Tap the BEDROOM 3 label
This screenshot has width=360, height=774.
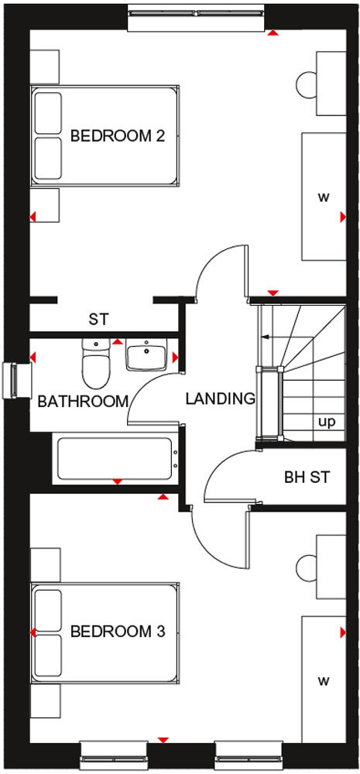(118, 632)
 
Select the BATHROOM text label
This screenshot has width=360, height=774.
(82, 402)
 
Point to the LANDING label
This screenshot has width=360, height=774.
(220, 399)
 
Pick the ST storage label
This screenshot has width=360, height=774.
(98, 318)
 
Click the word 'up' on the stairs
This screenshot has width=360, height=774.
(326, 422)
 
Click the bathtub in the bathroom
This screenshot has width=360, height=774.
(115, 459)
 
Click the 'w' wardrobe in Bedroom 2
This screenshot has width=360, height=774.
(323, 197)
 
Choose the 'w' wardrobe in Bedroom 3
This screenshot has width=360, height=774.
(323, 681)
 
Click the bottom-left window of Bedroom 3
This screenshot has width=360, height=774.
(113, 750)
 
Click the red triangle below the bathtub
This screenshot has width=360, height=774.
(117, 481)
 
